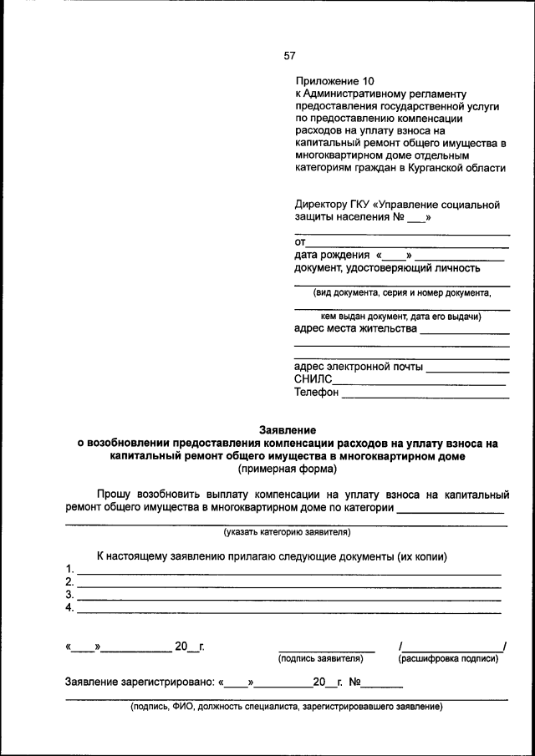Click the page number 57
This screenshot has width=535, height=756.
click(x=289, y=56)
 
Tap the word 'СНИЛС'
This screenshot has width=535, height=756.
click(x=313, y=379)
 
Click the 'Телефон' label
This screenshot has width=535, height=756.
click(x=317, y=393)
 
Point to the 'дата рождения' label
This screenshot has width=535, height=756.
click(x=332, y=255)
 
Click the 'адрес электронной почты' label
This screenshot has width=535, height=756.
click(x=359, y=366)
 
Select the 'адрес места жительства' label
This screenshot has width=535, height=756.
click(x=355, y=328)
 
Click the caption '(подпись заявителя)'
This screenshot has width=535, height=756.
click(x=326, y=659)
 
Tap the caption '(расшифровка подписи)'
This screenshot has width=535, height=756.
click(x=449, y=659)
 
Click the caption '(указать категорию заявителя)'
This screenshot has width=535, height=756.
click(x=286, y=532)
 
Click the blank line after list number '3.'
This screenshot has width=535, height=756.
click(x=288, y=598)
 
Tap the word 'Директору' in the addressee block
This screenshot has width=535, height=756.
click(x=322, y=204)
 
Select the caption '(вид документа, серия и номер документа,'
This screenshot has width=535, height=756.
click(x=402, y=293)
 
